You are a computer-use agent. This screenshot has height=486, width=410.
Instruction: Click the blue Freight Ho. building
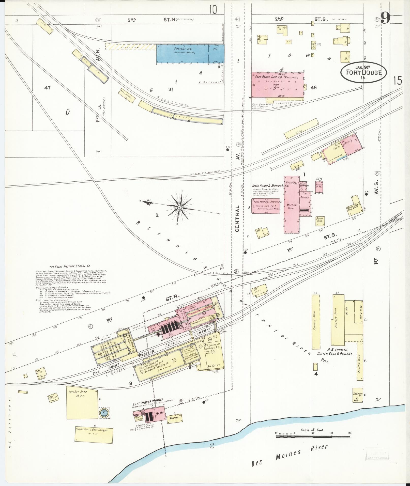point(190,54)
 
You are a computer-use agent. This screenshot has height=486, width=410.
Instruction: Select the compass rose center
point(179,208)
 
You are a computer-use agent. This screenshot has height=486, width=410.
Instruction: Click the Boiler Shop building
point(320,220)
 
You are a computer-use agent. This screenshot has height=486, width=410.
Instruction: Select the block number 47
point(47,88)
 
